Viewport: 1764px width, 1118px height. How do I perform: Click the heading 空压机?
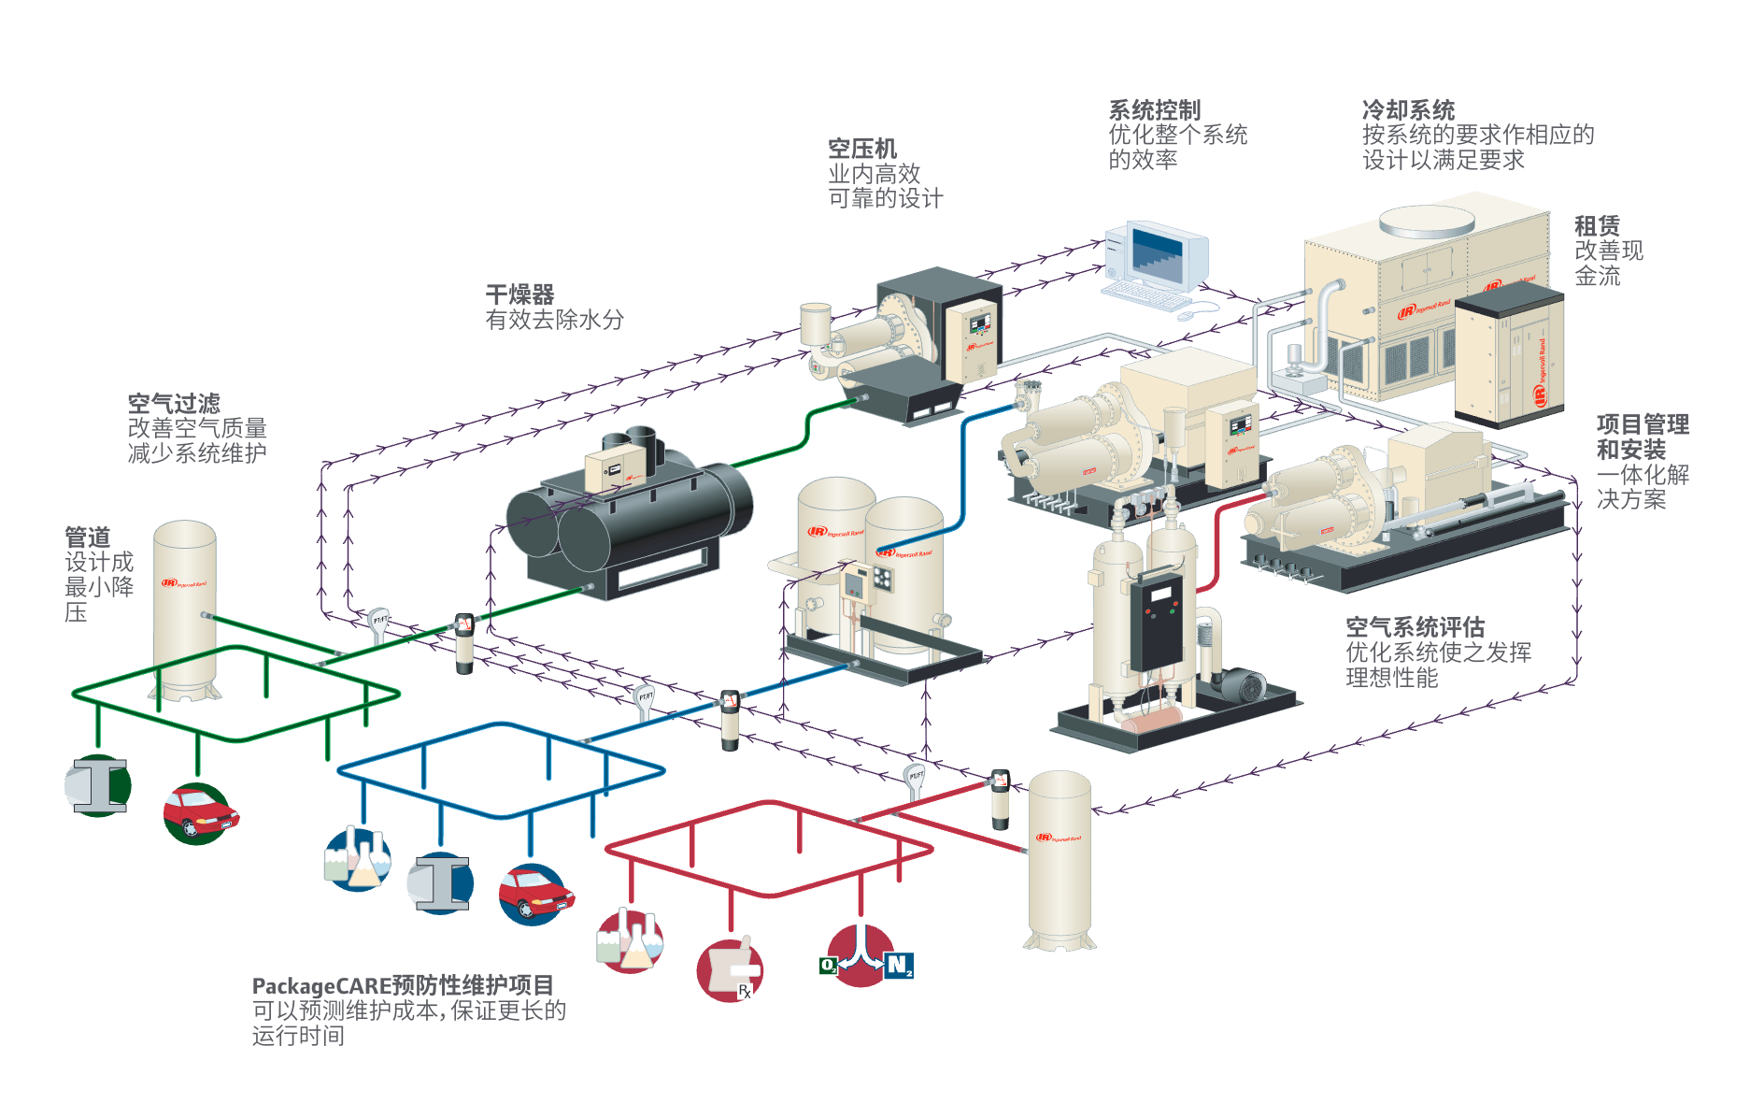pyautogui.click(x=861, y=149)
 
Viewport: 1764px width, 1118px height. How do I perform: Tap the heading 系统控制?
pyautogui.click(x=1154, y=110)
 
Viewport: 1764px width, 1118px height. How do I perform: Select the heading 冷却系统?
pyautogui.click(x=1408, y=110)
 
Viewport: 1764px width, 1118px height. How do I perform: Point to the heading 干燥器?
pyautogui.click(x=519, y=294)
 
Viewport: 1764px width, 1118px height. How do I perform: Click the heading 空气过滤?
pyautogui.click(x=174, y=404)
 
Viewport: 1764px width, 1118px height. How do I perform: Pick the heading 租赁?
pyautogui.click(x=1597, y=226)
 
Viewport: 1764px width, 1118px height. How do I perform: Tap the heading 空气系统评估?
pyautogui.click(x=1415, y=627)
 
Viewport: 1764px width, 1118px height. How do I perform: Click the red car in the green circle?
pyautogui.click(x=198, y=813)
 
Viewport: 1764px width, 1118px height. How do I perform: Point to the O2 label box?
pyautogui.click(x=829, y=966)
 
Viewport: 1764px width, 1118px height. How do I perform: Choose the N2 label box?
pyautogui.click(x=899, y=965)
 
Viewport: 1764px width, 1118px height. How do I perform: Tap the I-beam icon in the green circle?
pyautogui.click(x=99, y=785)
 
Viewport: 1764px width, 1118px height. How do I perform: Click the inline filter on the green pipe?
pyautogui.click(x=464, y=642)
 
